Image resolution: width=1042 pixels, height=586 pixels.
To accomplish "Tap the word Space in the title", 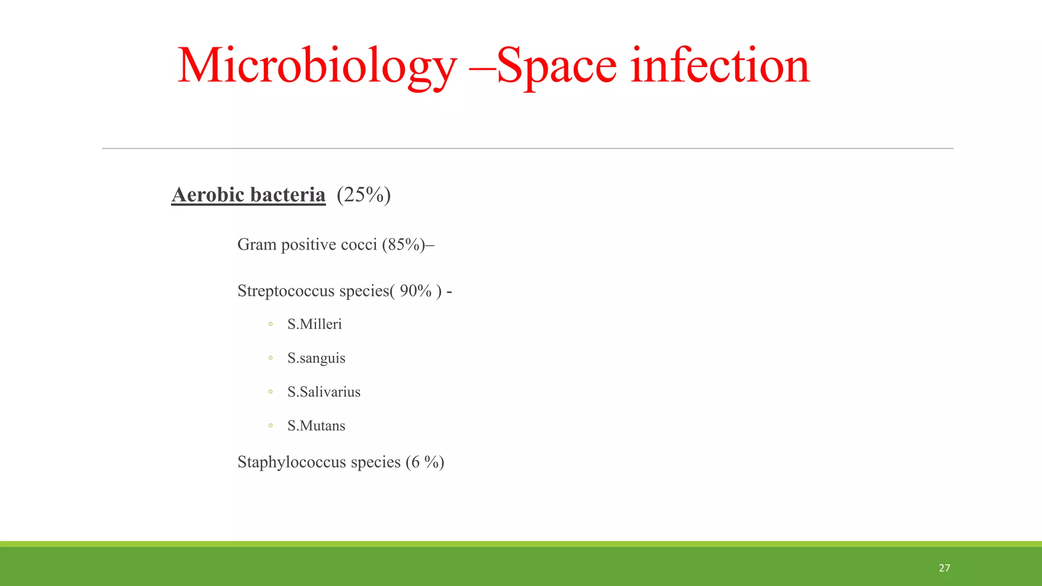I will click(557, 66).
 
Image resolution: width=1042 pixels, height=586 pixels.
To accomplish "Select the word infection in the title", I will click(719, 66).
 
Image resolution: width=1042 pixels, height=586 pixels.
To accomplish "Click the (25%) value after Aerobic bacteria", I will click(363, 195).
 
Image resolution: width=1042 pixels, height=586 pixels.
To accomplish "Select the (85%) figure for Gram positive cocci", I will click(405, 245).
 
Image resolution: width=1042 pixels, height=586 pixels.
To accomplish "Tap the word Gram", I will click(257, 245).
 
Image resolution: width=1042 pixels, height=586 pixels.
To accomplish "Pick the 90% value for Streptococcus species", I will click(416, 291).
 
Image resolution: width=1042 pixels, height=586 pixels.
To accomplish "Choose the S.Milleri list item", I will click(314, 324).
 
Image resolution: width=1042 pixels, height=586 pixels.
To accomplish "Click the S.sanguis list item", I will click(316, 358).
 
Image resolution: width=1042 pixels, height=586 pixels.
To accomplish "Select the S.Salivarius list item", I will click(324, 392).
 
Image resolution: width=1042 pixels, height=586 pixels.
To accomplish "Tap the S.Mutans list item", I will click(316, 426).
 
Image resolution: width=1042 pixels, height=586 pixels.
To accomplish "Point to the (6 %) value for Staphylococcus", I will click(425, 462).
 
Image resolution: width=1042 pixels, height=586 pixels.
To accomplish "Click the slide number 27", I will click(944, 568).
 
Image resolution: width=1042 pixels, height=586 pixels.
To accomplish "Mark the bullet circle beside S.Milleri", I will click(271, 324).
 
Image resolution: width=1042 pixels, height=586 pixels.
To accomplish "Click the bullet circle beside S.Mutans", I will click(271, 426).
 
